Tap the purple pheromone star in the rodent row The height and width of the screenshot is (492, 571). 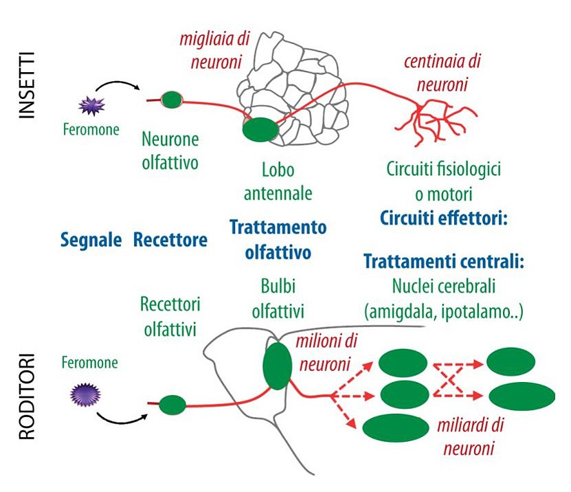point(87,394)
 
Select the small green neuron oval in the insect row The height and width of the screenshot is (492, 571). point(172,100)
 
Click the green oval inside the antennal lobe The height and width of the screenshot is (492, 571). point(260,129)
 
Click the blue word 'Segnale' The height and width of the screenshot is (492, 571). point(91,240)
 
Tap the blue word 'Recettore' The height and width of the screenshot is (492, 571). point(170,240)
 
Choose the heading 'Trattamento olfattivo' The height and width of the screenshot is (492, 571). point(278,239)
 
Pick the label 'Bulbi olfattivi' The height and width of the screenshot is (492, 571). point(277,297)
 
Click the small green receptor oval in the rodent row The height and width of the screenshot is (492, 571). point(172,405)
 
